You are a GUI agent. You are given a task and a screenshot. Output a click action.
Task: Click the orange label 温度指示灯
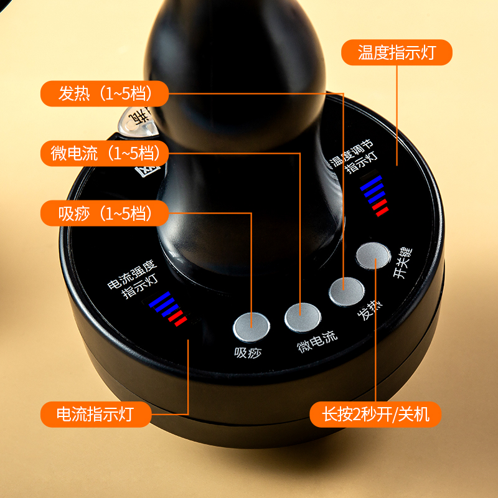tap(396, 52)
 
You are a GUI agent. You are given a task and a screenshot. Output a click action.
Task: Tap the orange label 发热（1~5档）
tap(105, 94)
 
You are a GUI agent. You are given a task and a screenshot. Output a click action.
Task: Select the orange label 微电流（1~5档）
tap(105, 153)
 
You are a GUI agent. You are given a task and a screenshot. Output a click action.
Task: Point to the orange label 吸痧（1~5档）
tap(105, 214)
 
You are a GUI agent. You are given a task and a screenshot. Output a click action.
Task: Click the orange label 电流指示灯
tap(95, 413)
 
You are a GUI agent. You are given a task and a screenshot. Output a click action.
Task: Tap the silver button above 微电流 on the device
tap(302, 317)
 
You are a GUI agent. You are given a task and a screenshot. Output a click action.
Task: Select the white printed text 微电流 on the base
tap(317, 341)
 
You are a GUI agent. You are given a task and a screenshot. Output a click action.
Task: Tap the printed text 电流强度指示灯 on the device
tap(133, 281)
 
